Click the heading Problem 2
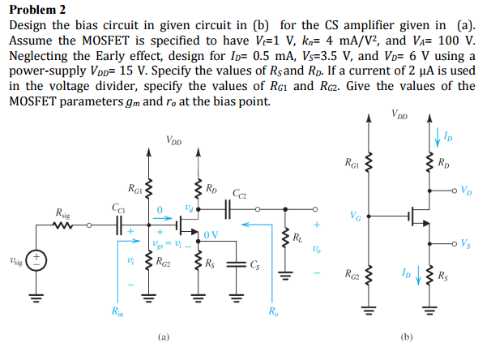point(36,10)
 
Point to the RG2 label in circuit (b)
point(352,273)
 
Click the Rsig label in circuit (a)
point(62,212)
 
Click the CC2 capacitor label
point(239,194)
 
